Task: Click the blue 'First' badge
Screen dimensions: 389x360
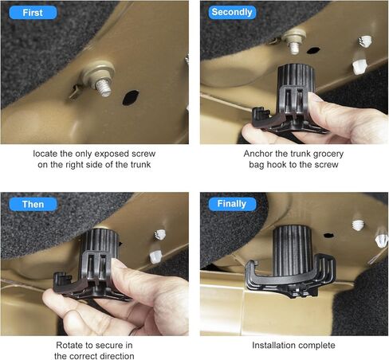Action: coord(33,13)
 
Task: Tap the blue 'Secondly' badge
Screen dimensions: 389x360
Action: coord(232,12)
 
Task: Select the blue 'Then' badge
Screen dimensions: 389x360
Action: coord(33,204)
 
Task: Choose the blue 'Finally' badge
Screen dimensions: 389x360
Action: coord(232,204)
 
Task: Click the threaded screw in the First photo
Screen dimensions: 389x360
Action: coord(103,87)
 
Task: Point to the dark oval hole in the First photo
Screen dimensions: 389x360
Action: coord(131,97)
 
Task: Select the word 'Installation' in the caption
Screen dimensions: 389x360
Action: coord(271,345)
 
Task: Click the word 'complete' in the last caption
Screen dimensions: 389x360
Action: coord(314,346)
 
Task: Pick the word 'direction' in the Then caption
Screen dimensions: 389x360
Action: coord(116,356)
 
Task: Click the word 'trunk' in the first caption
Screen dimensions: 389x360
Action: coord(140,165)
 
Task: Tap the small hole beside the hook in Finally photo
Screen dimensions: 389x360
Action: coord(328,235)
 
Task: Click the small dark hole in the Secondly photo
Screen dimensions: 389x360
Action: coord(313,50)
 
